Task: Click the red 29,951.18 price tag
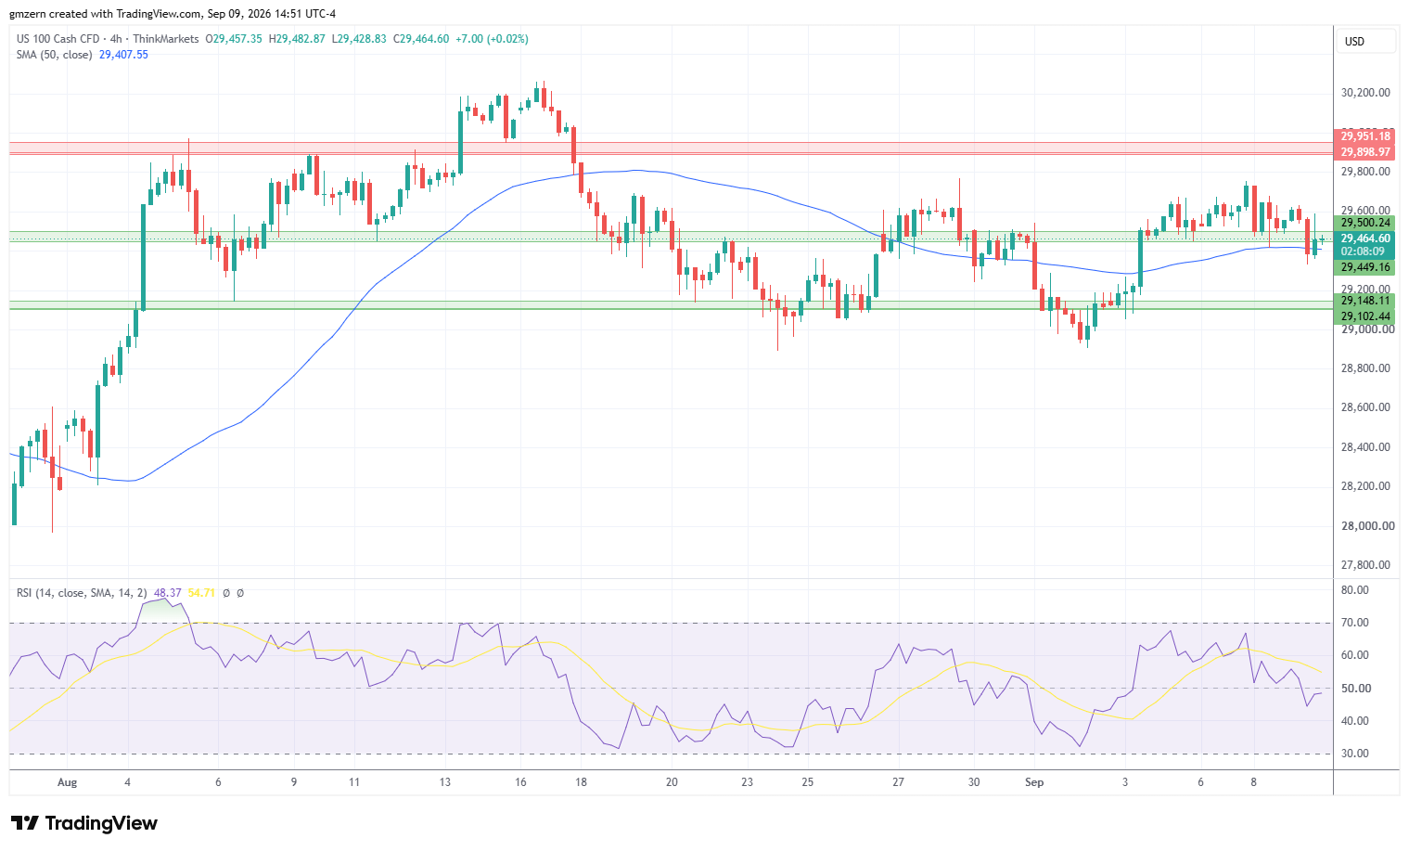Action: coord(1364,136)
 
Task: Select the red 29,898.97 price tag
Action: coord(1364,151)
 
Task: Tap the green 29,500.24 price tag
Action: coord(1364,222)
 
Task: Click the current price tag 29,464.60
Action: coord(1364,239)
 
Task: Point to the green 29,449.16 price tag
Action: coord(1364,267)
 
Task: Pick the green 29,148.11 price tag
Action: coord(1364,301)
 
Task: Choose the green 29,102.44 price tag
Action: coord(1364,316)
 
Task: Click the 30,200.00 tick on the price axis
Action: coord(1365,93)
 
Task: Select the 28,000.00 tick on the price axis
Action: coord(1365,525)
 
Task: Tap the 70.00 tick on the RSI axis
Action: coord(1354,623)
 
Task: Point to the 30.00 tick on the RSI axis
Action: coord(1354,754)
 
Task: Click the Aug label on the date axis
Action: coord(68,782)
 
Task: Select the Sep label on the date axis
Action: coord(1034,782)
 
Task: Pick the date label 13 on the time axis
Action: coord(444,782)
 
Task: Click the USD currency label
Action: coord(1354,42)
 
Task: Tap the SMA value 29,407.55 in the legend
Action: coord(124,55)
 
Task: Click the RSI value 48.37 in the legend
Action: coord(167,593)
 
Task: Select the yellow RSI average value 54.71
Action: coord(201,593)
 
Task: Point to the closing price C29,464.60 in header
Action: coord(421,39)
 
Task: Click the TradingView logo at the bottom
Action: coord(84,823)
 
